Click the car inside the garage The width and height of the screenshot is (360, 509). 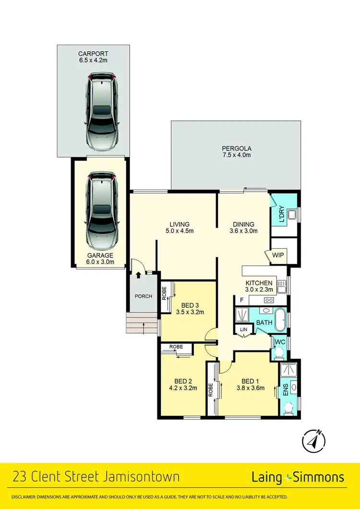101,209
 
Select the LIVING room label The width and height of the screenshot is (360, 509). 180,224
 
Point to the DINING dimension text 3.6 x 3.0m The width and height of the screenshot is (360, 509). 243,231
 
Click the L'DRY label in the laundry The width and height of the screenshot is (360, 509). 282,214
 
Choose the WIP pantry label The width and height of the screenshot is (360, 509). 278,255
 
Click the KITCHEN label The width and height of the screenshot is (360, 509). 259,283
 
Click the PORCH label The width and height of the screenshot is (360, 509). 143,296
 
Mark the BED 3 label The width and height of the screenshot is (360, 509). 190,305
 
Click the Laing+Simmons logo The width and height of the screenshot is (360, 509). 298,477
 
